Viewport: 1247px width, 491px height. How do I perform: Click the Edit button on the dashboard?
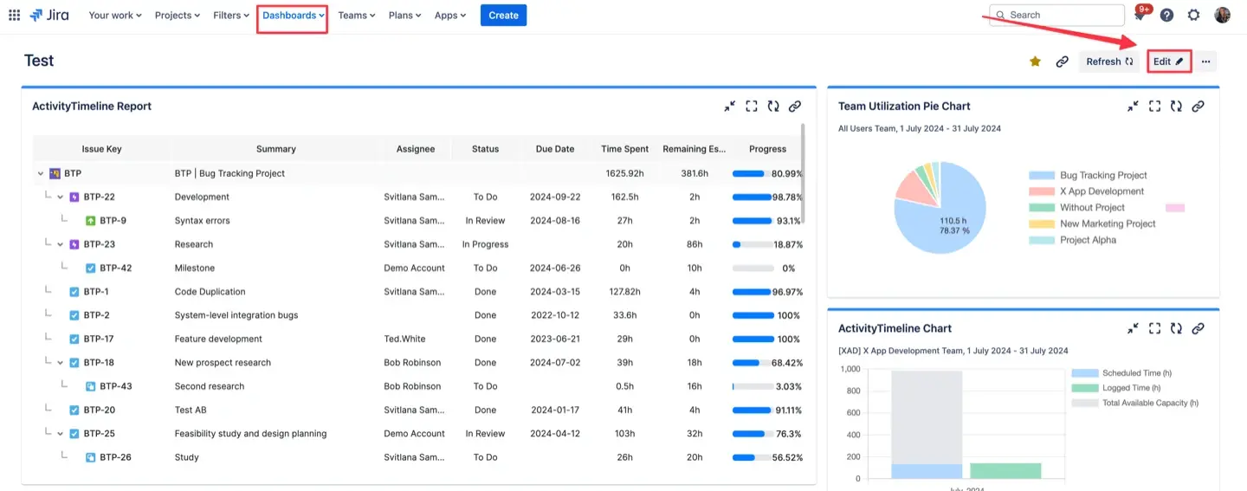1168,61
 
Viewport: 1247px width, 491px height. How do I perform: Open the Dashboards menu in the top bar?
293,16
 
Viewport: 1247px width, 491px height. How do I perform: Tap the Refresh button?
1108,61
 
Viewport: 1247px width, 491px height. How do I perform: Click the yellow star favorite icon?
1035,61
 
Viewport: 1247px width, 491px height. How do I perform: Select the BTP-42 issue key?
115,268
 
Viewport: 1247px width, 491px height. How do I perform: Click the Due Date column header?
554,149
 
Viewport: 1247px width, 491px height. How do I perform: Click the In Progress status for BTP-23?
485,244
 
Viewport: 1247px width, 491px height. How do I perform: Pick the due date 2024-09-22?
554,197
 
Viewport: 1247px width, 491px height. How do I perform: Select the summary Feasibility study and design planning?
250,434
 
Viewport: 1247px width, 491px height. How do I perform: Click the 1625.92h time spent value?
623,173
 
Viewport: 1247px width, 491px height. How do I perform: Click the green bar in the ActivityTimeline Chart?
1005,470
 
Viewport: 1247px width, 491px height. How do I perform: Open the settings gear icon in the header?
1194,15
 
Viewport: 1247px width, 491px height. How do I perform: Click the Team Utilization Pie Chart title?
904,107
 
